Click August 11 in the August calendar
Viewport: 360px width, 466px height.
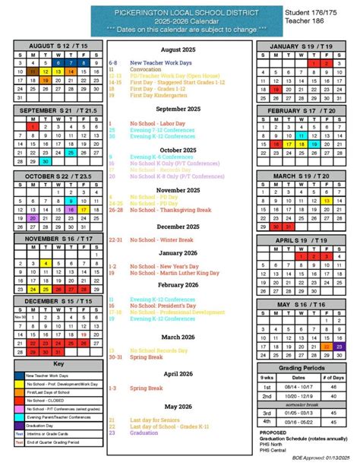[33, 71]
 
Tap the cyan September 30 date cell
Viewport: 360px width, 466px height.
[46, 160]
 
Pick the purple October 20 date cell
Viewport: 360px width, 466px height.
[33, 217]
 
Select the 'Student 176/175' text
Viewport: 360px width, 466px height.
[312, 14]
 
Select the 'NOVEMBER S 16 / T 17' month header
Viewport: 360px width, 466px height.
[58, 239]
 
